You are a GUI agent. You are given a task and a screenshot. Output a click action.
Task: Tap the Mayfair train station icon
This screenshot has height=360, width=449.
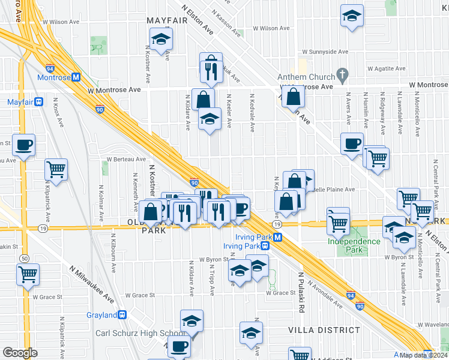(38, 102)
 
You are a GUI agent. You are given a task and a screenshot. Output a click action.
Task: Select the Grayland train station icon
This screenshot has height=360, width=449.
(122, 314)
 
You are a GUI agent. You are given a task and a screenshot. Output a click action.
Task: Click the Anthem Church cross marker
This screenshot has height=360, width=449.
(343, 76)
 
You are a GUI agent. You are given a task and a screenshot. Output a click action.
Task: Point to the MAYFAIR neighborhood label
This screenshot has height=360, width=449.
(168, 20)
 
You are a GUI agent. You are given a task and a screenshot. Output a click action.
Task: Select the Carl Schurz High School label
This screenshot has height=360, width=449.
(140, 334)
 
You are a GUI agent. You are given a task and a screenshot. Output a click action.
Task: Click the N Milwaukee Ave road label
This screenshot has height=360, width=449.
(92, 284)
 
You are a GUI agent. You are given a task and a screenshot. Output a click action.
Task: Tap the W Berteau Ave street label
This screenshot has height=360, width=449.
(126, 160)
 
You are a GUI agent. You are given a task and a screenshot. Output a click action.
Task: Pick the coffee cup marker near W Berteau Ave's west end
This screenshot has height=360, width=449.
(23, 145)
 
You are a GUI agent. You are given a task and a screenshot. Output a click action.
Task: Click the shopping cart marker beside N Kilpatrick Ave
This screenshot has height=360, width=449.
(56, 170)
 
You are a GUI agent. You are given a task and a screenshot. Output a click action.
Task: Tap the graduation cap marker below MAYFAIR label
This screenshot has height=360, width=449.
(160, 40)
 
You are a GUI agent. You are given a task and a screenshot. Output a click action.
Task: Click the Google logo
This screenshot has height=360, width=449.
(20, 353)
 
